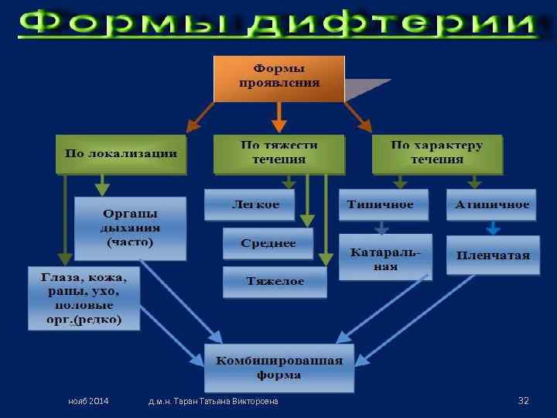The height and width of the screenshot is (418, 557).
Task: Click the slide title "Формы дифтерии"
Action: tap(278, 25)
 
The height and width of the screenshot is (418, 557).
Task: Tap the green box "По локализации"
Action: tap(121, 153)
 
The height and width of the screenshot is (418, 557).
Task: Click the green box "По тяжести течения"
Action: tap(278, 153)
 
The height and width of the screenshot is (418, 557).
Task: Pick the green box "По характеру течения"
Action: tap(436, 153)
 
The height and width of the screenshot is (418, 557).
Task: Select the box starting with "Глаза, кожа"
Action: tap(84, 298)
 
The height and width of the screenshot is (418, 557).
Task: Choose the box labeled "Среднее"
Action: tap(268, 243)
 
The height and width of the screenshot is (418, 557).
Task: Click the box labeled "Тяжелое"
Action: tap(275, 282)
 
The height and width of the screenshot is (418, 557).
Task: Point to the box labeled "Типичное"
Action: tap(380, 205)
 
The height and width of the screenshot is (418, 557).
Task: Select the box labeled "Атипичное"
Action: tap(493, 205)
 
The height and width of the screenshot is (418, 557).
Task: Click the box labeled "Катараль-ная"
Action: tap(384, 258)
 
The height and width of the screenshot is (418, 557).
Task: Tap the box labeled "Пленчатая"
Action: tap(493, 255)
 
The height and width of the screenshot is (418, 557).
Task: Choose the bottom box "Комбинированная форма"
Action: tap(279, 368)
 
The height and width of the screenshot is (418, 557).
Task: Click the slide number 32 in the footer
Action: tap(523, 400)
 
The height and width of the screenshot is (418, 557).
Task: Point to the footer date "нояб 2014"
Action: tap(88, 402)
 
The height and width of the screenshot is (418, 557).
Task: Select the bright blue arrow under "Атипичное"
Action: tap(493, 228)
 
